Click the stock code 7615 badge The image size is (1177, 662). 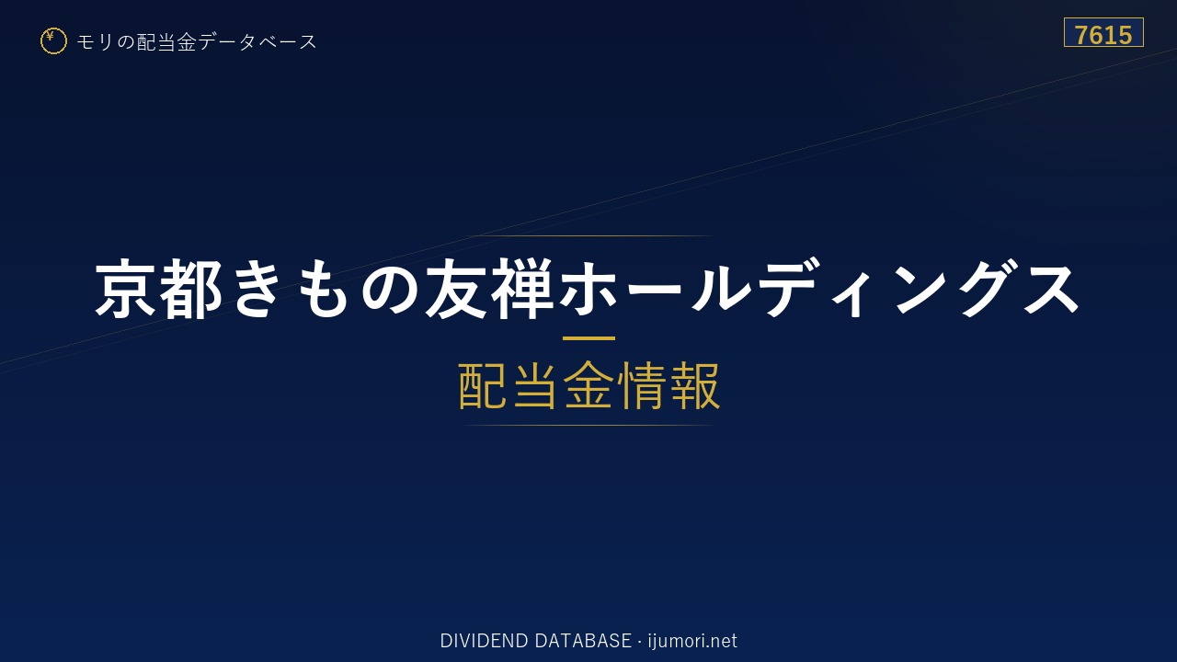coord(1103,32)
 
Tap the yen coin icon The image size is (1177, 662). coord(53,41)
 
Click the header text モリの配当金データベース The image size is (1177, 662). coord(197,42)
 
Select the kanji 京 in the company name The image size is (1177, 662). coord(126,289)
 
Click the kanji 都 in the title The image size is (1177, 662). coord(190,289)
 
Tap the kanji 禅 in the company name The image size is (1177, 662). coord(521,289)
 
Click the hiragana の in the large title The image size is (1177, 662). coord(389,290)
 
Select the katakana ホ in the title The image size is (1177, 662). coord(588,289)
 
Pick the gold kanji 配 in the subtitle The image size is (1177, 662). coord(484,385)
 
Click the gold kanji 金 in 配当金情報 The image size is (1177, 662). coord(588,385)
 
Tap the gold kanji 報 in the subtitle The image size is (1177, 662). coord(695,385)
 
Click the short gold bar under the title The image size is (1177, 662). coord(588,338)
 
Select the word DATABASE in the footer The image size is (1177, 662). coord(583,641)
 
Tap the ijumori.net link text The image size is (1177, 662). coord(692,641)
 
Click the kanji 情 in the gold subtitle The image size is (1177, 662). coord(641,385)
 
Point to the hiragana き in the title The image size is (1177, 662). coord(257,289)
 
